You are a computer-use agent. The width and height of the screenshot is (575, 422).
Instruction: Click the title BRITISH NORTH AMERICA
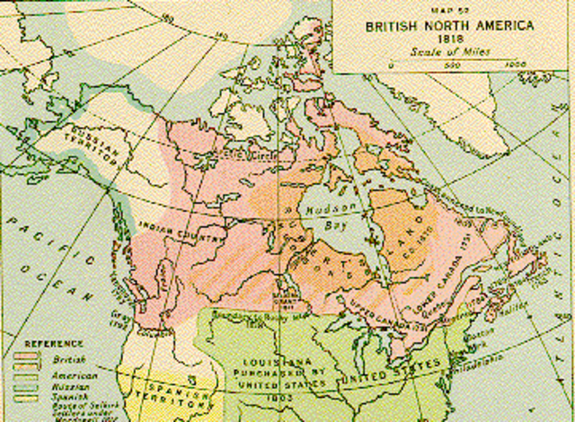coord(442,26)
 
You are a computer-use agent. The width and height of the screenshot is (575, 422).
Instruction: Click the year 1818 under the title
coord(442,40)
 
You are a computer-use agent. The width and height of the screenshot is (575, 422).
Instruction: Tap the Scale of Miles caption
coord(442,52)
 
